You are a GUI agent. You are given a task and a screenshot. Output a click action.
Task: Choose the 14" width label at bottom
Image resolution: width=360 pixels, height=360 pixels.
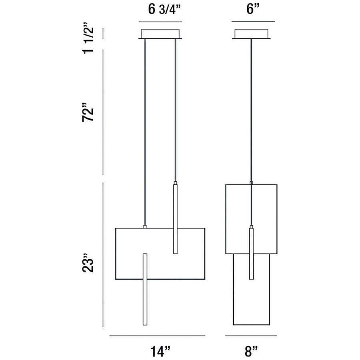coord(159,351)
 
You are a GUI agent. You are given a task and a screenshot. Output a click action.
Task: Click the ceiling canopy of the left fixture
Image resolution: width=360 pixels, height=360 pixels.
coord(160,34)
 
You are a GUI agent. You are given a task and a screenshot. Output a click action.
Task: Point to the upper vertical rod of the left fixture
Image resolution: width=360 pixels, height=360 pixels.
coord(175,218)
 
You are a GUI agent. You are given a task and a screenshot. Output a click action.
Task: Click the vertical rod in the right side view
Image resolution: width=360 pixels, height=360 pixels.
coord(251,254)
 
